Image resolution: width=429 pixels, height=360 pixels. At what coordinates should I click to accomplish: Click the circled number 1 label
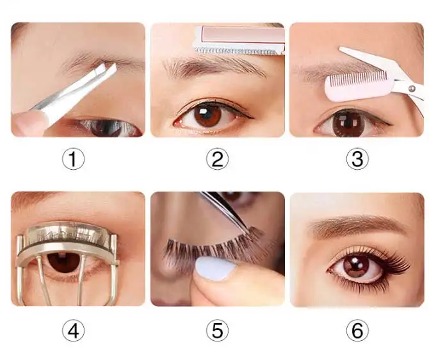tap(74, 159)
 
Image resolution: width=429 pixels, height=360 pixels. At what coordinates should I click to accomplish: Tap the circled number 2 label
tap(217, 159)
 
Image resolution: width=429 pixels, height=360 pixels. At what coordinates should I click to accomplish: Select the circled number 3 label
tap(357, 159)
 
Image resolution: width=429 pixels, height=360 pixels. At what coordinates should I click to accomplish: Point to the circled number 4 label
tap(74, 331)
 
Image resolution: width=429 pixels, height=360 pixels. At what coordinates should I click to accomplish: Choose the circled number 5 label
tap(217, 331)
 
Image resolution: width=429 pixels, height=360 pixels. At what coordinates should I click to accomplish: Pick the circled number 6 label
tap(357, 331)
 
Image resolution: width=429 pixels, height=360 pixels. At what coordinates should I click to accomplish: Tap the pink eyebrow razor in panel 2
tap(239, 40)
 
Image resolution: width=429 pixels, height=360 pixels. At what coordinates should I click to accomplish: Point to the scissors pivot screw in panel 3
tap(411, 88)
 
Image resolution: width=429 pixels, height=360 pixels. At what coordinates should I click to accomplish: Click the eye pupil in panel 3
tap(347, 122)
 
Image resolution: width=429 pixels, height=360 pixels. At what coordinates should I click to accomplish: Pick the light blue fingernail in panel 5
tap(214, 268)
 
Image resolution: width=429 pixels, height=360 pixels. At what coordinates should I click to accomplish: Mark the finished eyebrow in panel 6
tap(357, 225)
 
